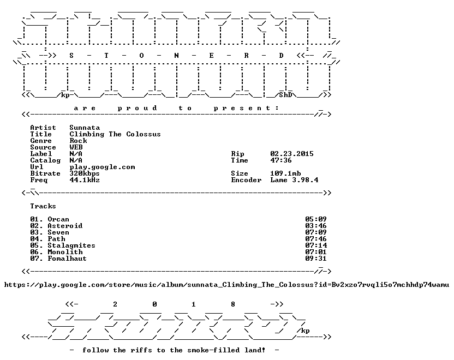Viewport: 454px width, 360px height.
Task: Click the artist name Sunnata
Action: coord(85,128)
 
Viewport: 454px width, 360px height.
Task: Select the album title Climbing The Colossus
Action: coord(115,134)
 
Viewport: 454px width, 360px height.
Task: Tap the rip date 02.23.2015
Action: coord(292,154)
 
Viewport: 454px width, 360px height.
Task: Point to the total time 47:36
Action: coord(281,160)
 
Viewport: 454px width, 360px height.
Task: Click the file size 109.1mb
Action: coord(285,173)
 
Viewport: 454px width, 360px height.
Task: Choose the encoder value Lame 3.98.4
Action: coord(294,180)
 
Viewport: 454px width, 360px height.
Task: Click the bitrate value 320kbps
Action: coord(85,173)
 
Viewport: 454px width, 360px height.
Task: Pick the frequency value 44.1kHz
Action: coord(85,180)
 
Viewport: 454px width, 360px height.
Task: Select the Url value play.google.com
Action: coord(102,167)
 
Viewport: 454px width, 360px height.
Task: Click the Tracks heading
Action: coord(43,206)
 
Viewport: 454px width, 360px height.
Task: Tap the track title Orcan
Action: coord(58,219)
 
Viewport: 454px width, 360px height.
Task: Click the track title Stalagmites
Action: coord(71,245)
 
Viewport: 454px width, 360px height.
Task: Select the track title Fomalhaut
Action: coord(67,259)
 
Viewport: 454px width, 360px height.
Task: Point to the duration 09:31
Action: coord(315,259)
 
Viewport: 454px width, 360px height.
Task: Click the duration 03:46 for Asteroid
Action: coord(315,226)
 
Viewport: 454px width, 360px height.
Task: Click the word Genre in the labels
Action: coord(41,141)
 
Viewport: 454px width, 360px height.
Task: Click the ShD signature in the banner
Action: coord(285,95)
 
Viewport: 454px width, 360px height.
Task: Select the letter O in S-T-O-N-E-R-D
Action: coord(141,56)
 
